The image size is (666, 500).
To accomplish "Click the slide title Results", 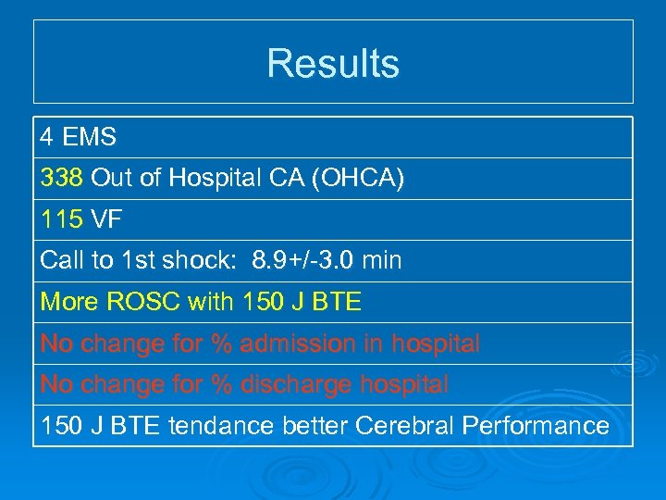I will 333,64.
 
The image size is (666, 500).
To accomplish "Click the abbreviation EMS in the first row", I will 91,137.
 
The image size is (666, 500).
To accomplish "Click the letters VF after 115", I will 107,219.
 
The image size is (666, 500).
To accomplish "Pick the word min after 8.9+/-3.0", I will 382,261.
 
